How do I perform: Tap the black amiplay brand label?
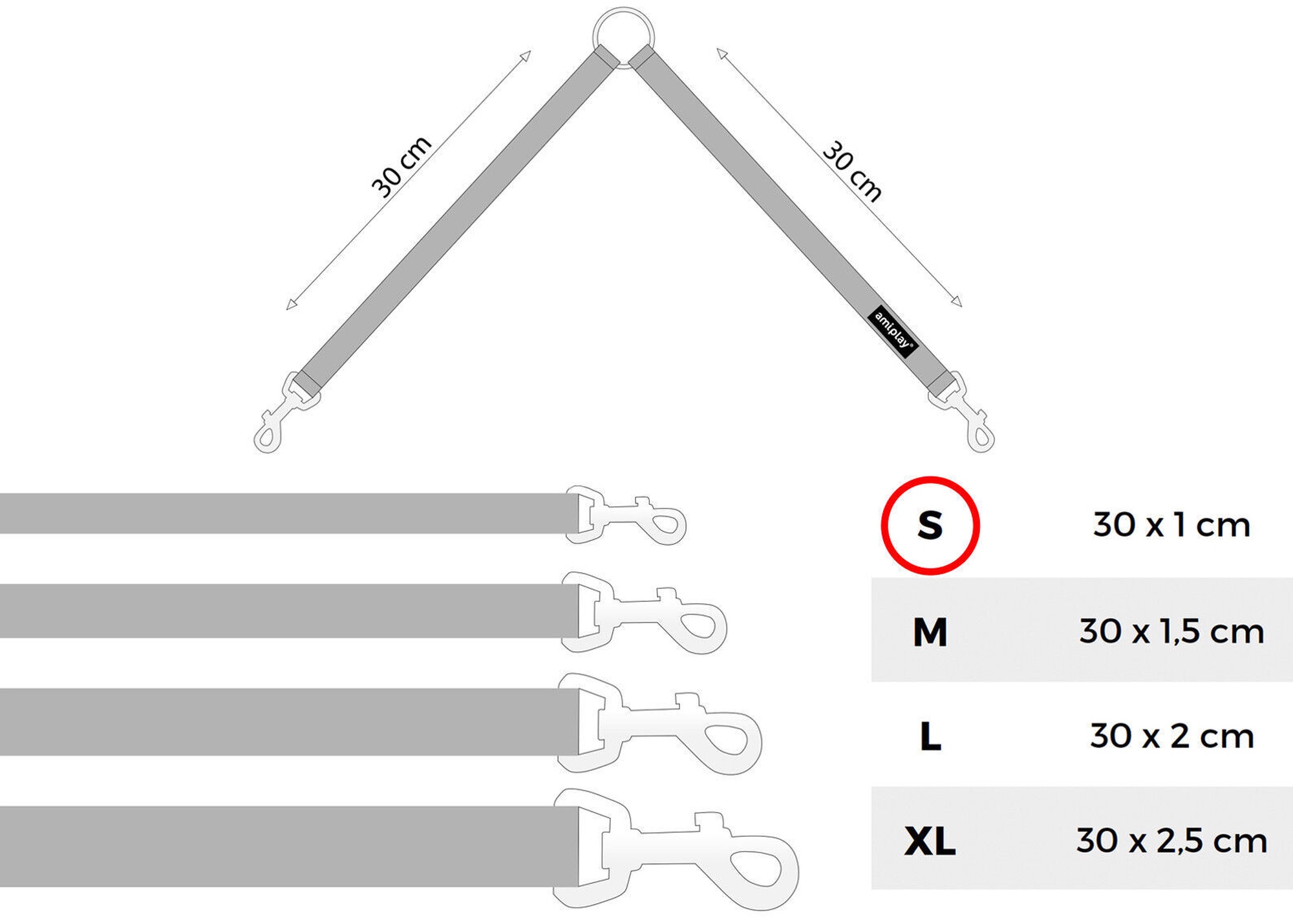click(893, 331)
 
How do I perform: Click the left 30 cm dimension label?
click(401, 166)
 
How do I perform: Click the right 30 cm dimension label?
click(852, 171)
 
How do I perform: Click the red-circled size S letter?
click(930, 525)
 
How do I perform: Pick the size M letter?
click(930, 632)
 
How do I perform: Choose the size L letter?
click(930, 736)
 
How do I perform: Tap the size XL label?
click(930, 841)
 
